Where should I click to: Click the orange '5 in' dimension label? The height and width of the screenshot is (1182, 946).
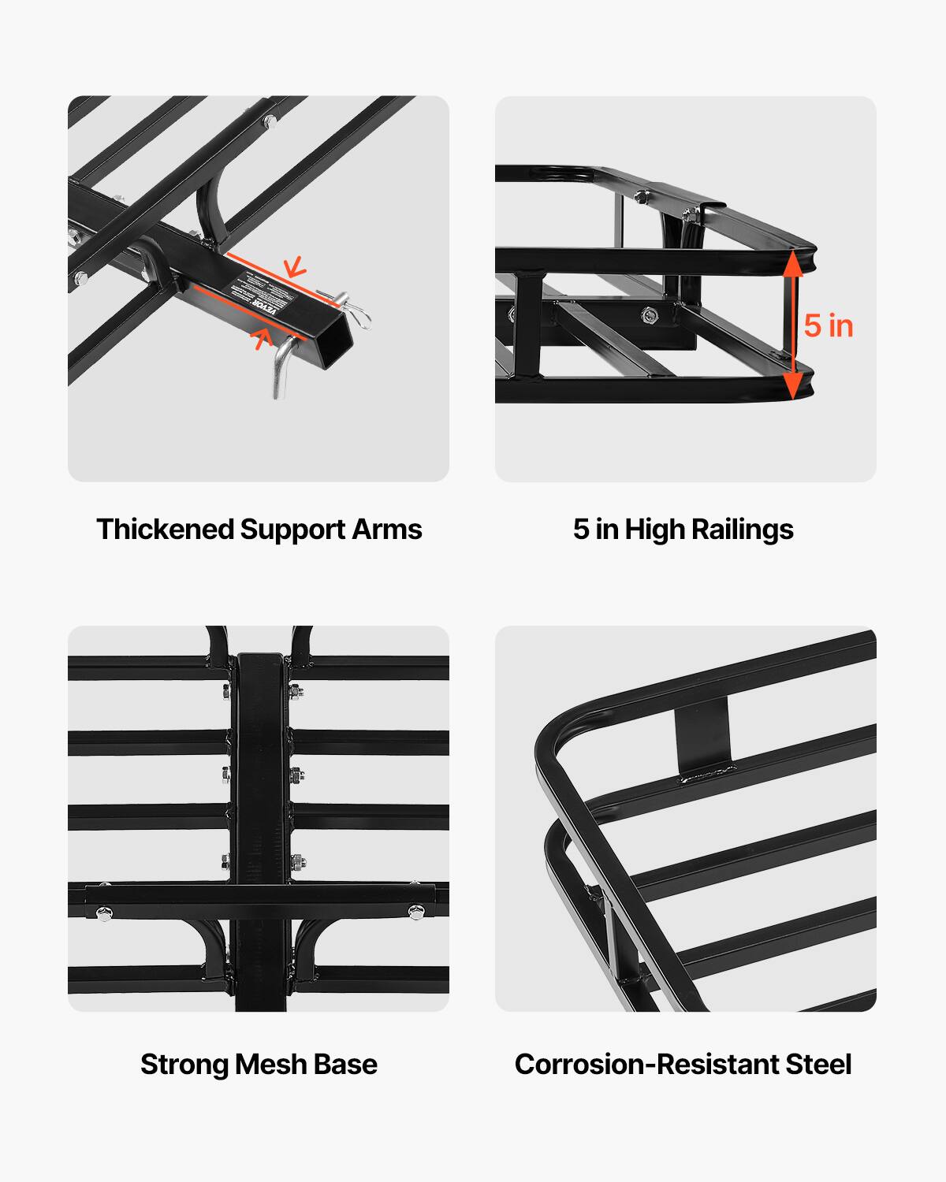(x=829, y=326)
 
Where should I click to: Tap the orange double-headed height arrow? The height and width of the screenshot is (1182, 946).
(x=793, y=325)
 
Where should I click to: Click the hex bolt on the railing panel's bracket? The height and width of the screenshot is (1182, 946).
(x=650, y=316)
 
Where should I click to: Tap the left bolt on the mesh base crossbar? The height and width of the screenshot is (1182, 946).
(x=103, y=913)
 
